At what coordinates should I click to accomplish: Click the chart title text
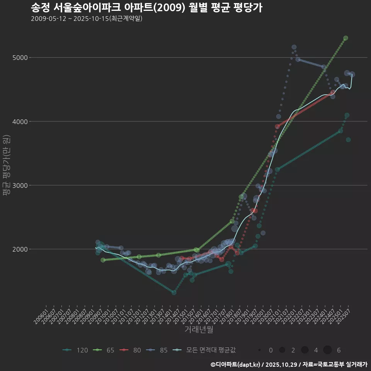point(146,8)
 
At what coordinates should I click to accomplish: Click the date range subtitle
point(87,19)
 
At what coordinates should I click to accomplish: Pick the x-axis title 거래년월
point(199,329)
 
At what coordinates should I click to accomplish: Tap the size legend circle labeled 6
point(327,350)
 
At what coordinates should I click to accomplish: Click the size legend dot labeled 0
point(260,350)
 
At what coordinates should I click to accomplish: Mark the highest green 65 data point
point(345,38)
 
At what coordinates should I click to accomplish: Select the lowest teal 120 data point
point(174,293)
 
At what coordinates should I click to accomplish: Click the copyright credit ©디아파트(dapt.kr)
point(236,364)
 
